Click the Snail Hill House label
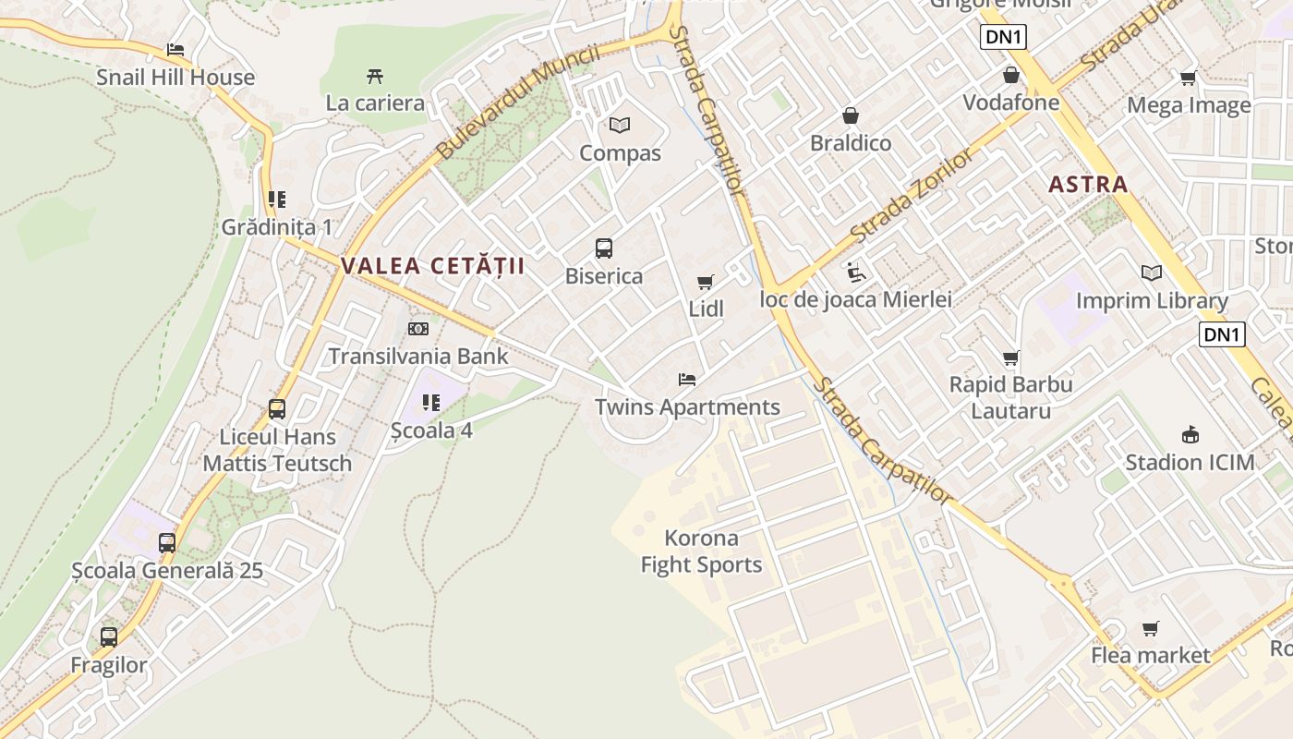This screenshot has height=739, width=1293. click(175, 78)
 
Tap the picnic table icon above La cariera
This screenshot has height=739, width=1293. click(375, 76)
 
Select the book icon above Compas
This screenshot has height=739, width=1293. click(620, 125)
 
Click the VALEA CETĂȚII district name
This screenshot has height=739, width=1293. click(432, 267)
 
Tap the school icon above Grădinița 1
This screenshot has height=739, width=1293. click(277, 200)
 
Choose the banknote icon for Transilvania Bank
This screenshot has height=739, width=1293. click(418, 329)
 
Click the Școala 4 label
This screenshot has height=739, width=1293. click(431, 430)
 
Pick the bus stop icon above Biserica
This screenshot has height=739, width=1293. click(604, 248)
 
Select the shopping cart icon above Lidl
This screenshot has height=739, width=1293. click(707, 282)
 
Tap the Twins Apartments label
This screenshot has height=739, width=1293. click(687, 407)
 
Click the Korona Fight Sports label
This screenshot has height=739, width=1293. click(702, 551)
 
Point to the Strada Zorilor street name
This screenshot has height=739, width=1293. click(912, 194)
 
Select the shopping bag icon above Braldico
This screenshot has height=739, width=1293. click(851, 115)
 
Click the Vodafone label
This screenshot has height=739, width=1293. click(1011, 103)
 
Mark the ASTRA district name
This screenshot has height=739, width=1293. click(1088, 184)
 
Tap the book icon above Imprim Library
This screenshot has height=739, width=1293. click(1152, 273)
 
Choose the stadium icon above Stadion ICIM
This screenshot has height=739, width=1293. click(1190, 434)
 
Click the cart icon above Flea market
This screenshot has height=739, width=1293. click(1151, 628)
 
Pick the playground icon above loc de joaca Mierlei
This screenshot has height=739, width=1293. click(856, 272)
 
